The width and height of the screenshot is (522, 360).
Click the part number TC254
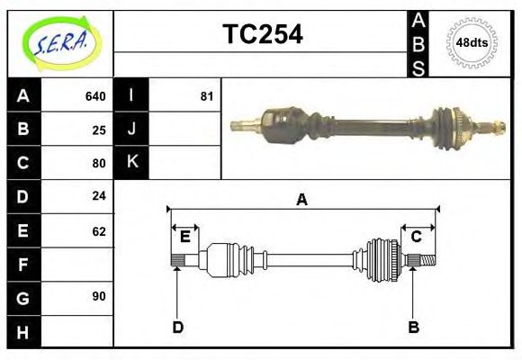263,34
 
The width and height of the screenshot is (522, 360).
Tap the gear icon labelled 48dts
472,42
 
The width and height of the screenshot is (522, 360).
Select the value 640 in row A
95,96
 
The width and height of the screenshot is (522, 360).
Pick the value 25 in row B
99,130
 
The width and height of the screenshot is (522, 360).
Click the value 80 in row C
99,163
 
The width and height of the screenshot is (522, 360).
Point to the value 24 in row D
99,196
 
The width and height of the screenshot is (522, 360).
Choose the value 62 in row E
99,230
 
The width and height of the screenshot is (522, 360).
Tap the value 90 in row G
99,296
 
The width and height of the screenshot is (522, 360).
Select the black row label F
23,264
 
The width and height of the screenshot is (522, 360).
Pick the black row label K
131,163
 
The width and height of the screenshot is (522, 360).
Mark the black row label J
131,130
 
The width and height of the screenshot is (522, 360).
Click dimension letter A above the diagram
301,200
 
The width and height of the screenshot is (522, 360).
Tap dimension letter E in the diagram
184,237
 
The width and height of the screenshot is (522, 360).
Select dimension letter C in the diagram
417,237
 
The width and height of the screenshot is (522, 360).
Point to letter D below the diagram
177,328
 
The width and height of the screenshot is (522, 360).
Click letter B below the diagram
413,328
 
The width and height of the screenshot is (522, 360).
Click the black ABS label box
418,43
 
